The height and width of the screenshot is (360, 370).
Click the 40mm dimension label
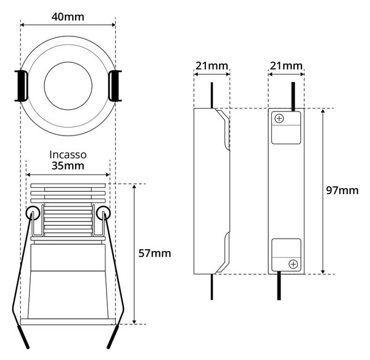click(x=68, y=17)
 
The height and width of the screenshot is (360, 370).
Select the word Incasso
click(x=68, y=155)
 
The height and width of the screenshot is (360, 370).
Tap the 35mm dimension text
click(x=68, y=166)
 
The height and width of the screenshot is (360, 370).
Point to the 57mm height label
click(x=155, y=253)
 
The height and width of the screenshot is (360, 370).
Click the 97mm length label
click(x=342, y=190)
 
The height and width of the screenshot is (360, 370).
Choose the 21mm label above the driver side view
click(x=212, y=66)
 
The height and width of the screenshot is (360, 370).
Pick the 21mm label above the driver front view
click(x=286, y=66)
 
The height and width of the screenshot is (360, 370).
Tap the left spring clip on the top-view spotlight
click(x=22, y=86)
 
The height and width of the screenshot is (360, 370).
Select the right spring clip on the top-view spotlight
click(x=115, y=86)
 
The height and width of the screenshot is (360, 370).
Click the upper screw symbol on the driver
click(x=279, y=118)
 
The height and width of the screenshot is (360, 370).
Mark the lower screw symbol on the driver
click(x=293, y=264)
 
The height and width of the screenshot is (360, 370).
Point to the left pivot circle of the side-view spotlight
click(x=33, y=213)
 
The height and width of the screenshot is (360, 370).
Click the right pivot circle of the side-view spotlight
click(x=104, y=213)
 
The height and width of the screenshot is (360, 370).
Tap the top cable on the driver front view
click(x=293, y=97)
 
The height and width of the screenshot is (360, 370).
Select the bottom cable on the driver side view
click(x=212, y=287)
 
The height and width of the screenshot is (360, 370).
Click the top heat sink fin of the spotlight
click(x=68, y=186)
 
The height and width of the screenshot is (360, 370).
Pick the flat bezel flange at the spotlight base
click(x=68, y=322)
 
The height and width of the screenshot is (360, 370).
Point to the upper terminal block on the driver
click(x=286, y=128)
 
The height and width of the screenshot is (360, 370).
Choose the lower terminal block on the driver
click(x=286, y=255)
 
